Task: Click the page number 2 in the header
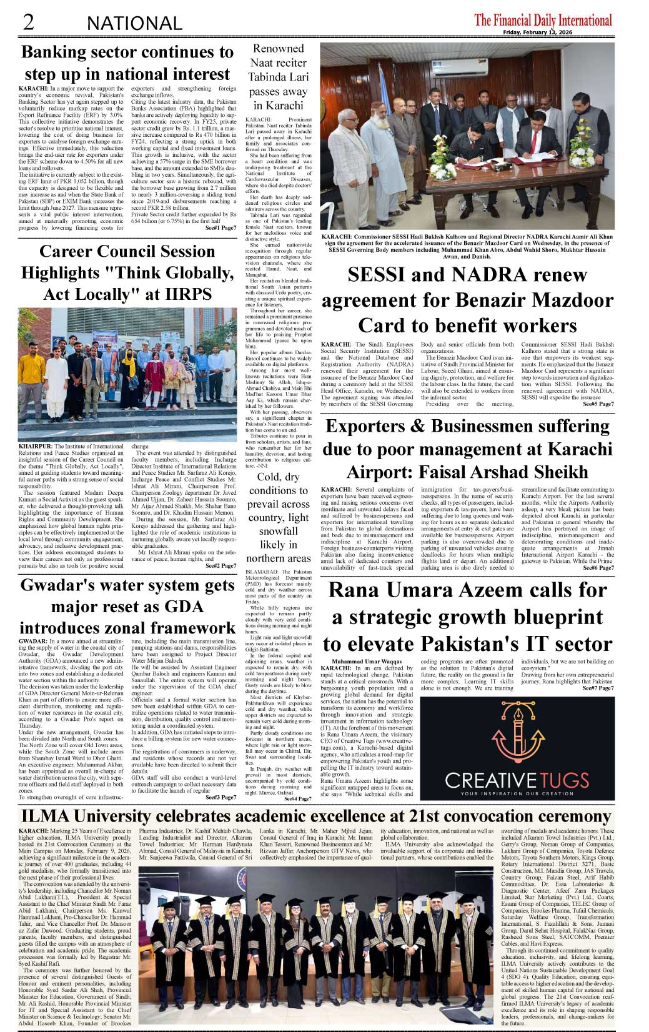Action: click(28, 22)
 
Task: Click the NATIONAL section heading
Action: click(134, 24)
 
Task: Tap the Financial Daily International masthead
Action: click(543, 20)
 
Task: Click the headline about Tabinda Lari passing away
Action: click(278, 77)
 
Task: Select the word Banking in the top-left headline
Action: click(55, 52)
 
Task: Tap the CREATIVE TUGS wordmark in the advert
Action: click(517, 780)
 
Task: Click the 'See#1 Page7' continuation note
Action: click(220, 228)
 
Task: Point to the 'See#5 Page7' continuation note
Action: click(598, 404)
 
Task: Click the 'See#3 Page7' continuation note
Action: click(220, 797)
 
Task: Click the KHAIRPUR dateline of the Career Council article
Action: click(36, 447)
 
